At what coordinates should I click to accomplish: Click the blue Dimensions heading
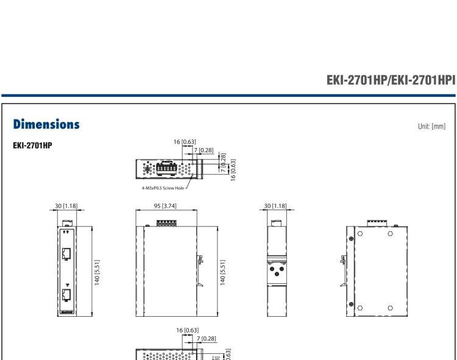pos(46,124)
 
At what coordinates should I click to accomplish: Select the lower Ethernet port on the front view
pos(66,297)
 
